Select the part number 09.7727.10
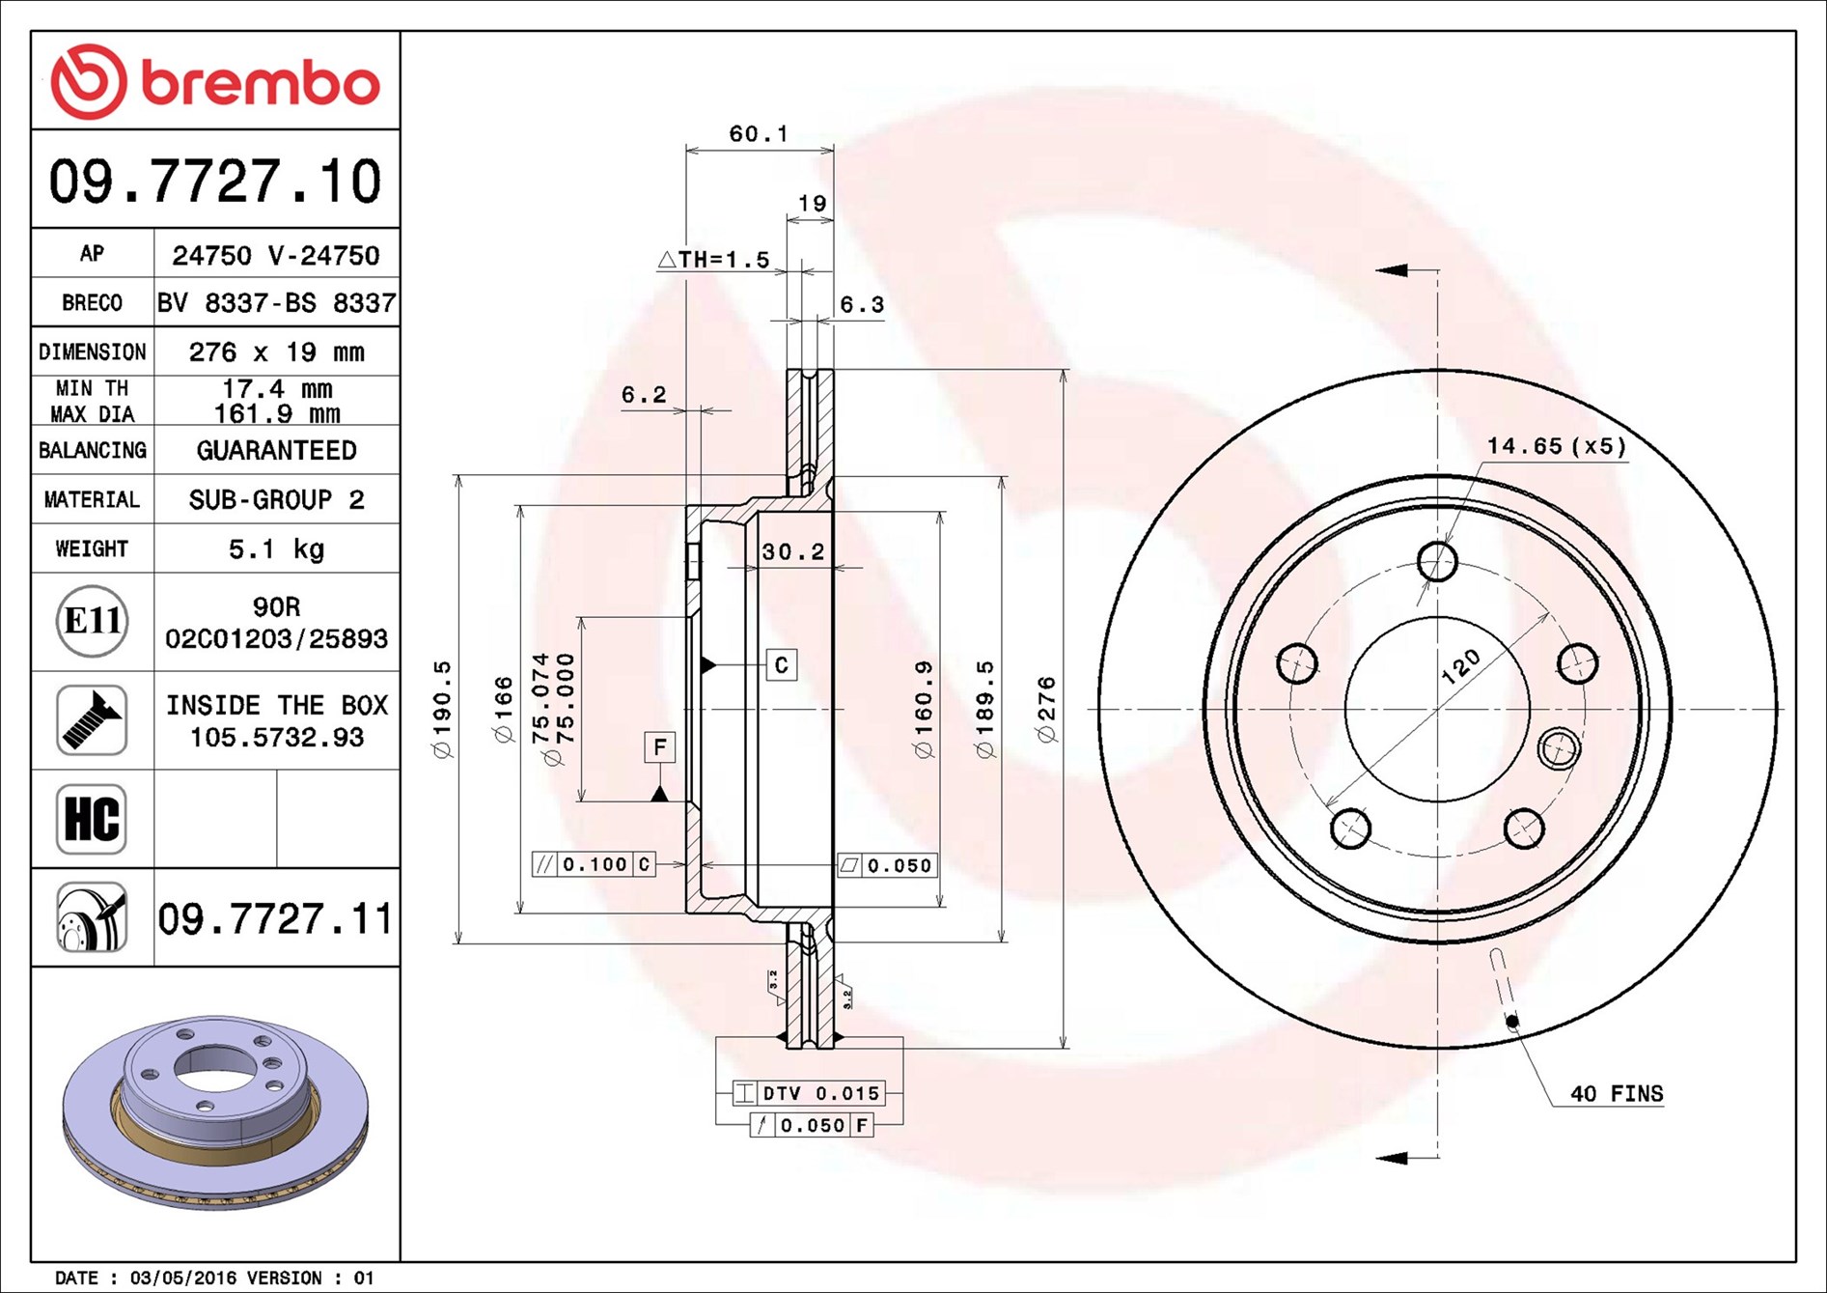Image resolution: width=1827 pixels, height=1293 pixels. (x=215, y=182)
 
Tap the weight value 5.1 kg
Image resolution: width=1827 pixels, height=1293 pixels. (x=276, y=549)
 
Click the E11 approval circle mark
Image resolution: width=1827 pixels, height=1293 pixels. (x=93, y=621)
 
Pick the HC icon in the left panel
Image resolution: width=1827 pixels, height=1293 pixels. (x=92, y=819)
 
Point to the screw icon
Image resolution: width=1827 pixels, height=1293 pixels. (x=92, y=720)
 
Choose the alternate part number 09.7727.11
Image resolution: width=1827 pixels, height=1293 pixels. (x=275, y=918)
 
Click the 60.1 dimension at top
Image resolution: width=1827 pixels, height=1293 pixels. (x=759, y=133)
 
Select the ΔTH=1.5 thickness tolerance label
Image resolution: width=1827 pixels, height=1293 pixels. (x=714, y=259)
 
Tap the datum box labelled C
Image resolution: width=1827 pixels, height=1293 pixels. (x=782, y=664)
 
